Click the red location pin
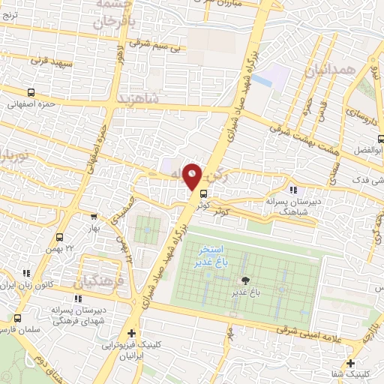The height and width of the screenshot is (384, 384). [192, 175]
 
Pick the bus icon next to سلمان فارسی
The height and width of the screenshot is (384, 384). [17, 319]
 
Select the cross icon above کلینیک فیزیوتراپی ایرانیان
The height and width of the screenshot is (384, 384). [132, 334]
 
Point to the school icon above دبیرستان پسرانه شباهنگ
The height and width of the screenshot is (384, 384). [292, 190]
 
